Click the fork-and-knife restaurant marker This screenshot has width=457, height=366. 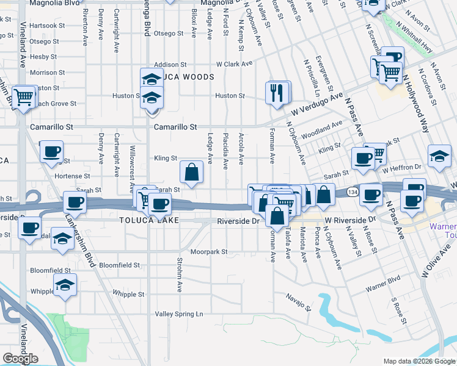(x=277, y=93)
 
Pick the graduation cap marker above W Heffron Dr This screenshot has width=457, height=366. (x=439, y=156)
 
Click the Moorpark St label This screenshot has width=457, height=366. (x=208, y=251)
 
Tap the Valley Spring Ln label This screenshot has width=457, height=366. (x=178, y=314)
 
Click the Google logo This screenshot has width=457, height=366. (x=20, y=359)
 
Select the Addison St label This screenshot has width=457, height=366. (x=170, y=65)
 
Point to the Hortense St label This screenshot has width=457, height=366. (x=73, y=176)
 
